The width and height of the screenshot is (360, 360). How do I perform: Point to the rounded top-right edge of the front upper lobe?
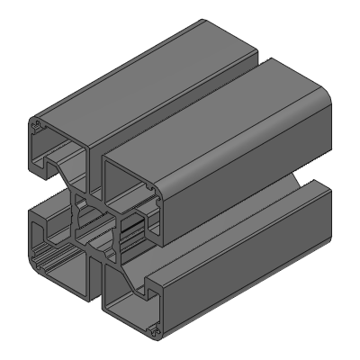(x=297, y=99)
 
